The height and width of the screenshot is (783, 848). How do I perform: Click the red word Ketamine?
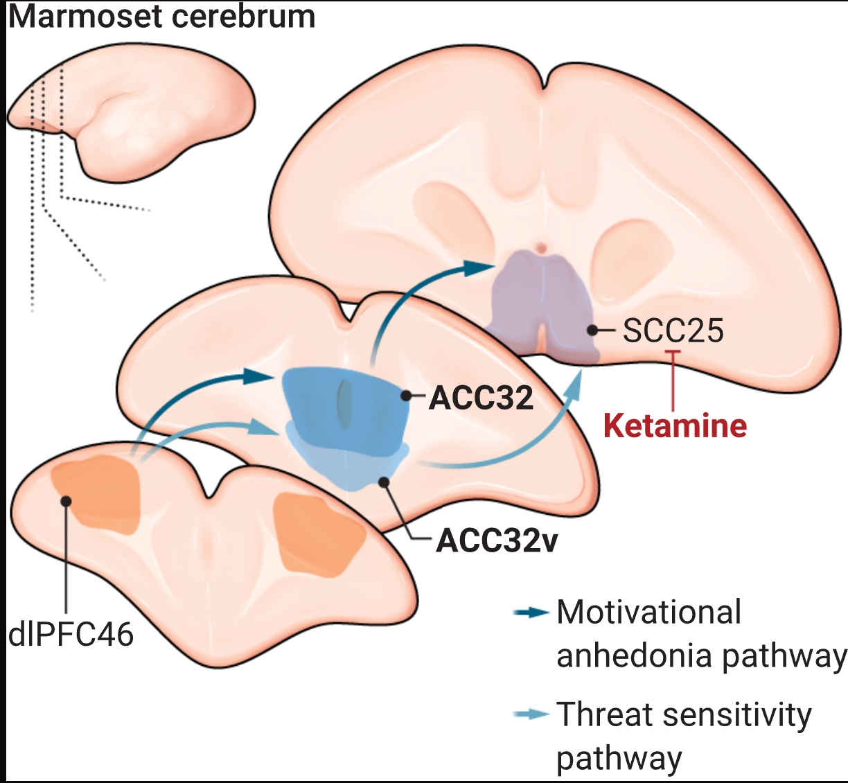pyautogui.click(x=675, y=425)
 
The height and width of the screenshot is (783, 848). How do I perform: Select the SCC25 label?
pyautogui.click(x=673, y=330)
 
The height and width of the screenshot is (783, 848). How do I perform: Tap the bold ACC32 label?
pyautogui.click(x=482, y=398)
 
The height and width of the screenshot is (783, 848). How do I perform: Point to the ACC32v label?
pyautogui.click(x=497, y=540)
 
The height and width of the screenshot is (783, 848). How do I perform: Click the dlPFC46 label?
pyautogui.click(x=71, y=634)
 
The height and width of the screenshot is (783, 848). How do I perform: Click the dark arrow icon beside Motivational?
pyautogui.click(x=531, y=613)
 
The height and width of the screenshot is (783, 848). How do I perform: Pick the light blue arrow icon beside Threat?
pyautogui.click(x=531, y=714)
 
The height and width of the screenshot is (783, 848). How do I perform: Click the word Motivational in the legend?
pyautogui.click(x=649, y=613)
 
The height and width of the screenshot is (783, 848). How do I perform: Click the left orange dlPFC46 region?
pyautogui.click(x=97, y=495)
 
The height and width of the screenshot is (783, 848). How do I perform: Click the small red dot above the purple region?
pyautogui.click(x=541, y=247)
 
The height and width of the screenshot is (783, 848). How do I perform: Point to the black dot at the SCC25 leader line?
pyautogui.click(x=592, y=330)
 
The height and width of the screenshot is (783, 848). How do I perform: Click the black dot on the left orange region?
pyautogui.click(x=67, y=500)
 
